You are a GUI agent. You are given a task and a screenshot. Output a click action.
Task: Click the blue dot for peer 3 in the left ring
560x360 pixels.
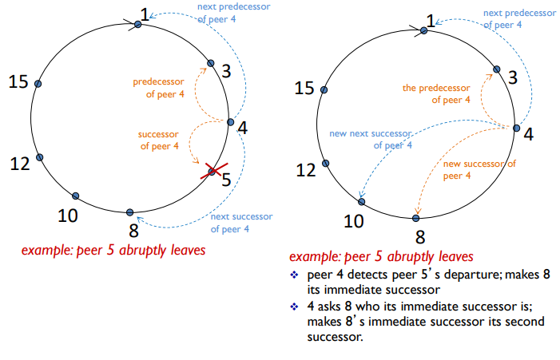pos(211,63)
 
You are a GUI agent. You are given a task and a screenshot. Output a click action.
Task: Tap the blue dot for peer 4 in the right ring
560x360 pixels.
pos(516,129)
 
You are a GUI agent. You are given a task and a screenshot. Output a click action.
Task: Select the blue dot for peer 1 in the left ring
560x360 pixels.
pos(138,25)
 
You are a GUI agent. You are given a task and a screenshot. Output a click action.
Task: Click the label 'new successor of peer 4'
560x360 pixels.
pos(479,169)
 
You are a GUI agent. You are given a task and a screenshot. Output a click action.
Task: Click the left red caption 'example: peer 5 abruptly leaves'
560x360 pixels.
pos(113,251)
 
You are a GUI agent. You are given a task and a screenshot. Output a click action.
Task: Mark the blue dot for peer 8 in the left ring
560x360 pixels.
pos(130,212)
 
